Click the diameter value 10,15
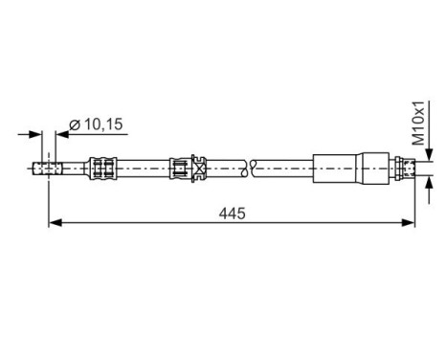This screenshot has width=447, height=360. pos(102,124)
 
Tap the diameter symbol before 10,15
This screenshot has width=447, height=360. pos(74,124)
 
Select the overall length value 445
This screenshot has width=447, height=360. pos(231,213)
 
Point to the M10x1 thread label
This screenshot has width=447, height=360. pos(418,124)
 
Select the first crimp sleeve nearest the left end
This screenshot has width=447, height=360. pos(101,169)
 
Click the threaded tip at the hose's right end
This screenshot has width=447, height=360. pos(408,169)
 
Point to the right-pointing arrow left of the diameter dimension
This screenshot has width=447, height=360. pos(36,135)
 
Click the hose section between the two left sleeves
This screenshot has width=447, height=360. pos(144,169)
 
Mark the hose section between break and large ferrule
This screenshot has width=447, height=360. pos(282,169)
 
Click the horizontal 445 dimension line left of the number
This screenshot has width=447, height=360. pos(134,223)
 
